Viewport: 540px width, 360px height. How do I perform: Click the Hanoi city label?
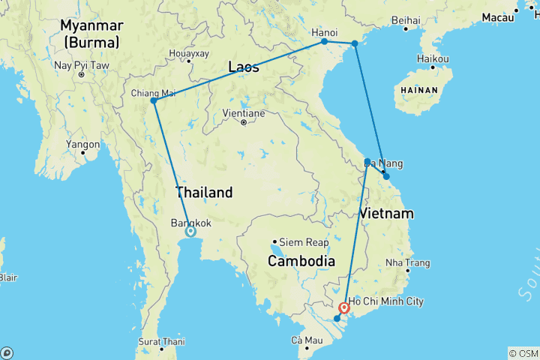324,32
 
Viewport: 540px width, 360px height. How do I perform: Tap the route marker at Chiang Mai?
154,100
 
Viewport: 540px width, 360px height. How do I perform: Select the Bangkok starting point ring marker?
190,232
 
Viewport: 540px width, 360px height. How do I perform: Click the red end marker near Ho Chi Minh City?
344,307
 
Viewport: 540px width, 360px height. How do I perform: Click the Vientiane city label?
244,113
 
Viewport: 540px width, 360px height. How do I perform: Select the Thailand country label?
204,193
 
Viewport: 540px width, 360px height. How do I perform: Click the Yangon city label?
82,144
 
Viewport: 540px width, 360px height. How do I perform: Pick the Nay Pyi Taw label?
82,66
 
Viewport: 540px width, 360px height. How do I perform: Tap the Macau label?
498,16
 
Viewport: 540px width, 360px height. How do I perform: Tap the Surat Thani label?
162,341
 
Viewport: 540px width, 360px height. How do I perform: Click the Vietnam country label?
386,214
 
